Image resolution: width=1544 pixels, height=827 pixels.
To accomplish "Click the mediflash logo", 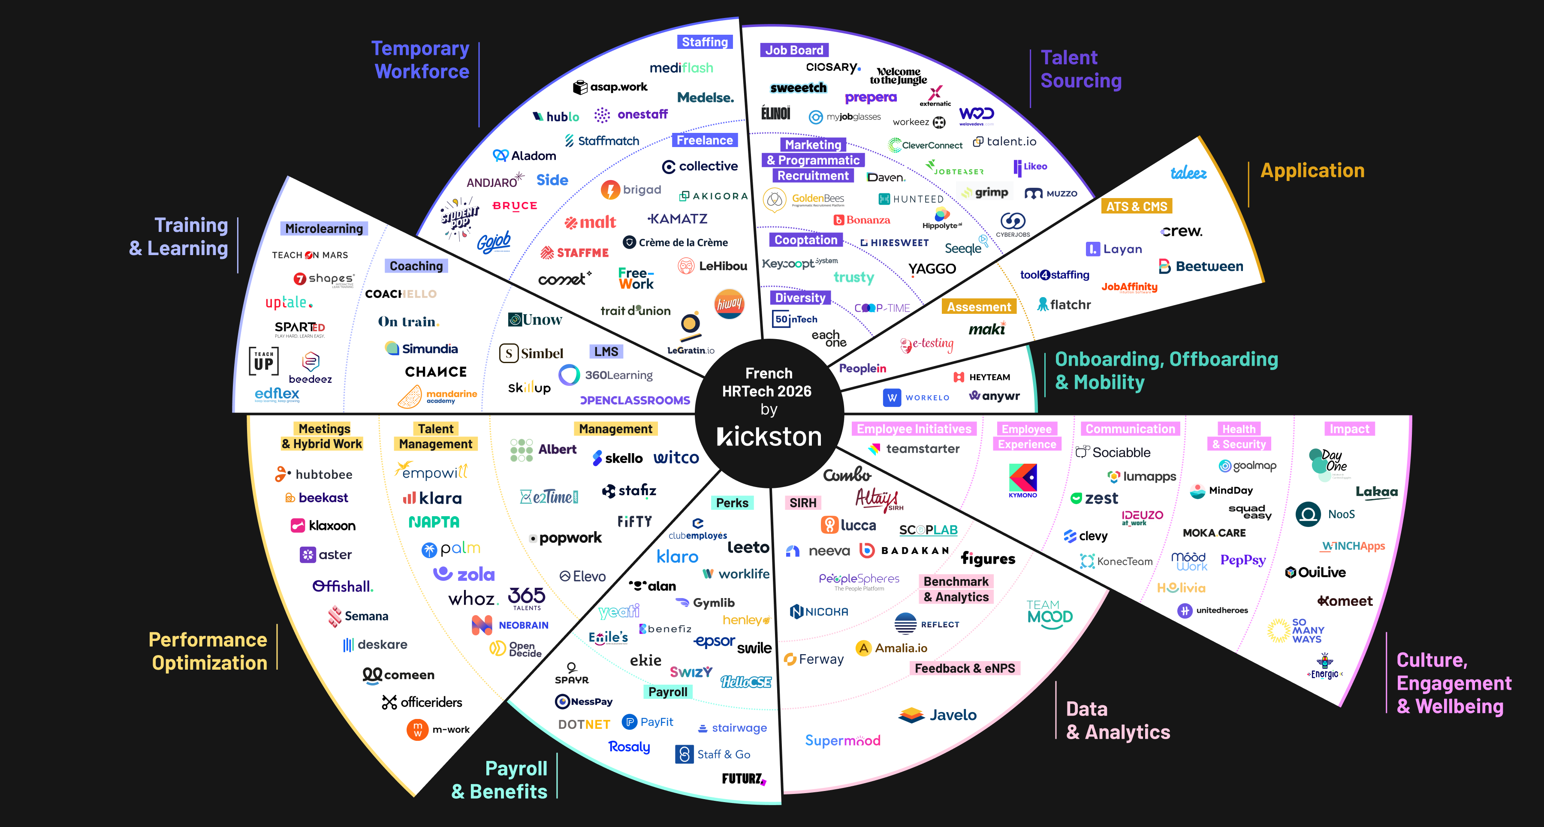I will tap(682, 68).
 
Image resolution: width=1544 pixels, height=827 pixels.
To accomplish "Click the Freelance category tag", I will tap(704, 140).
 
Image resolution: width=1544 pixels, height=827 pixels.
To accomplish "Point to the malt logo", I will tap(591, 223).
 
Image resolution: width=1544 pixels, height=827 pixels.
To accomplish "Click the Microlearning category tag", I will tap(324, 229).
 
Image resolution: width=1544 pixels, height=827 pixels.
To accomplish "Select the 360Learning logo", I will tap(606, 375).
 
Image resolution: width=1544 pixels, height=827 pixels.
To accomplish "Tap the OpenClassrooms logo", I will tap(635, 400).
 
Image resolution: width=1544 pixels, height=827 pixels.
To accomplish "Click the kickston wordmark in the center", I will tap(769, 436).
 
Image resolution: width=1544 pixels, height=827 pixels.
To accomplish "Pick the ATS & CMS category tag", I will tap(1137, 207).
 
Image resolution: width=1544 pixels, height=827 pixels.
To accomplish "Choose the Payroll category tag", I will tap(668, 692).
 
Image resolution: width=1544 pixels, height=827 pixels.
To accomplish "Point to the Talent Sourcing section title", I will tap(1081, 69).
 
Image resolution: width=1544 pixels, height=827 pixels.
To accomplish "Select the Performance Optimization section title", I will tap(208, 651).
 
